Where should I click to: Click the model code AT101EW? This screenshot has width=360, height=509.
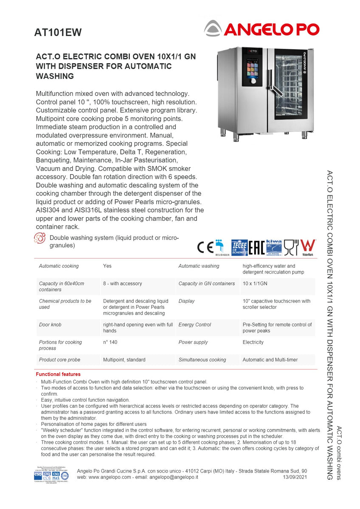coord(58,33)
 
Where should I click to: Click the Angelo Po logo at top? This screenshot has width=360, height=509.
coord(261,29)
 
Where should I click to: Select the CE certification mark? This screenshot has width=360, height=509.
coord(205,247)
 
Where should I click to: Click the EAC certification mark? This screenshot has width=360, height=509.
coord(256,247)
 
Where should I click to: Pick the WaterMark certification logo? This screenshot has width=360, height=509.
coord(308,247)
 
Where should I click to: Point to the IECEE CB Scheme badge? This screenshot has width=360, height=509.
coord(239,247)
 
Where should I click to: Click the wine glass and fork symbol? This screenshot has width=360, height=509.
coord(291,247)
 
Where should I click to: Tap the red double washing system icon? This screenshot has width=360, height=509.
coord(39,238)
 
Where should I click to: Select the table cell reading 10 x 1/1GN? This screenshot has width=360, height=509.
coord(255,283)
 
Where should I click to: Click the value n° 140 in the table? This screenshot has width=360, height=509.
coord(111,342)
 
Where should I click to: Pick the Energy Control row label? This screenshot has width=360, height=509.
coord(194,324)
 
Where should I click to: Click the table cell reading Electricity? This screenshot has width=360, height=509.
coord(253,342)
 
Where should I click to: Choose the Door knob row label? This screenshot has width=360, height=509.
coord(50,324)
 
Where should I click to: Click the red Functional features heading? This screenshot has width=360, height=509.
coord(58,374)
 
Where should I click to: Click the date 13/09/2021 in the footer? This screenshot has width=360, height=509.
coord(295,477)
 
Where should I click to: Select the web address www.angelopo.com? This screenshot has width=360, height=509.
coord(110,477)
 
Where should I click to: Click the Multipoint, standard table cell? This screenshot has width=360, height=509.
coord(124,360)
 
